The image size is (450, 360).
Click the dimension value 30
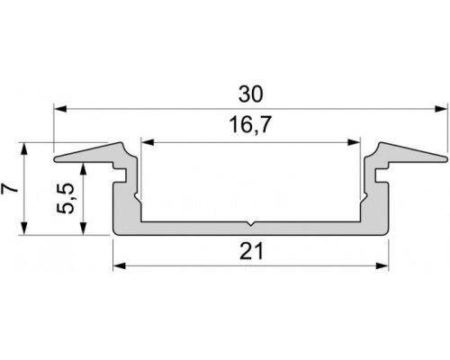(251, 93)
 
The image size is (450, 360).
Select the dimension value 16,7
(251, 127)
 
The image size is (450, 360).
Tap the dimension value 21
(251, 253)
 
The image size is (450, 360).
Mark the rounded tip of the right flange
(445, 160)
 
